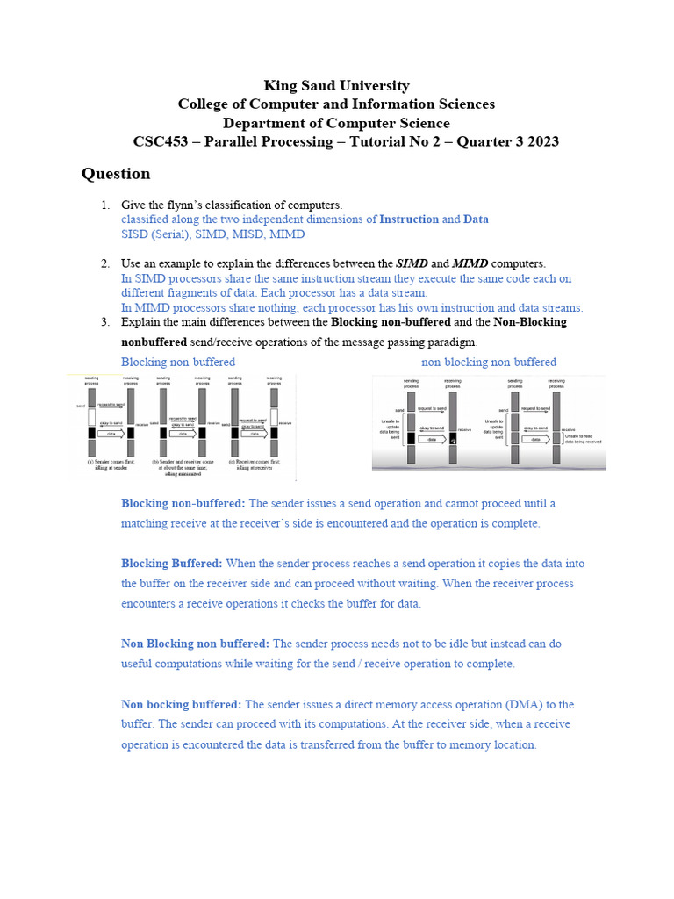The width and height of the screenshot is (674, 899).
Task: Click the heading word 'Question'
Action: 116,174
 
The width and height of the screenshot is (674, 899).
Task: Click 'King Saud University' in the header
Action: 336,85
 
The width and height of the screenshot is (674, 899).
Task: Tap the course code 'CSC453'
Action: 162,141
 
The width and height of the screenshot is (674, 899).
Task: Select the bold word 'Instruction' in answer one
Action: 408,219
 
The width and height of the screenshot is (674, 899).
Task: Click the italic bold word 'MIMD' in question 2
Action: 472,263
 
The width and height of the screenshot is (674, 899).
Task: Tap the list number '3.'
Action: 105,322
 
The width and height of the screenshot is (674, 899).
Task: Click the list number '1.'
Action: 105,205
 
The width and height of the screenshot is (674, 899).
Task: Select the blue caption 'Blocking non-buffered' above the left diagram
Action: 178,362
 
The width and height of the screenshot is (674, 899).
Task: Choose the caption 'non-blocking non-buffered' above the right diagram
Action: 489,362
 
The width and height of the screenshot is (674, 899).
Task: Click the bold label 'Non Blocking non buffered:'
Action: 195,644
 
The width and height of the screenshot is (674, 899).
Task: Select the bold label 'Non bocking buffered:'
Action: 181,704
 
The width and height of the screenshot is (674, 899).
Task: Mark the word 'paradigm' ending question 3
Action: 453,342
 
